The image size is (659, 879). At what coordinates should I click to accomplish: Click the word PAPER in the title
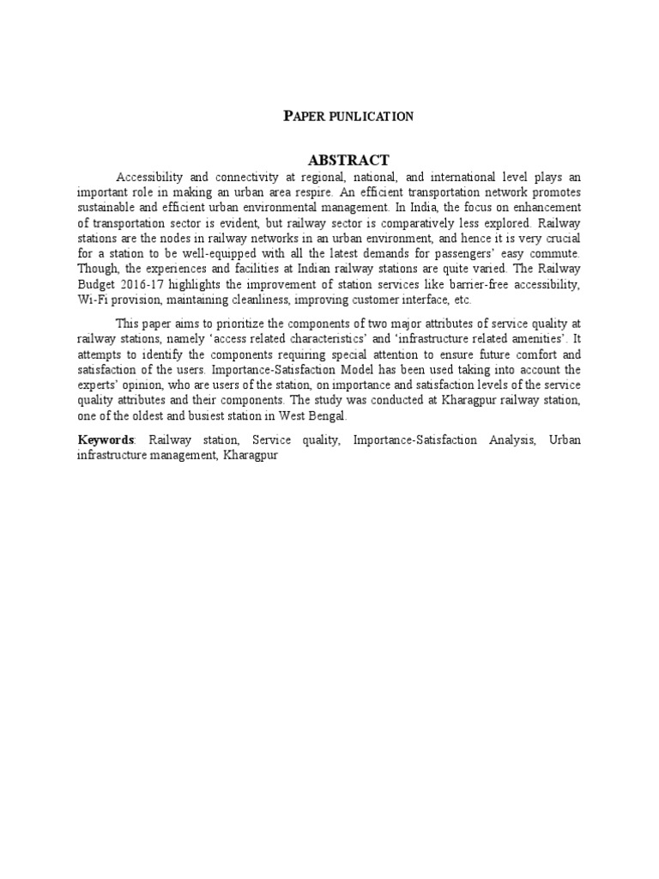(x=304, y=116)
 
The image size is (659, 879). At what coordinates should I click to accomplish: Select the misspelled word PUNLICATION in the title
(x=371, y=117)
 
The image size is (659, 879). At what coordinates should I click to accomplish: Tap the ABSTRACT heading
(x=348, y=160)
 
